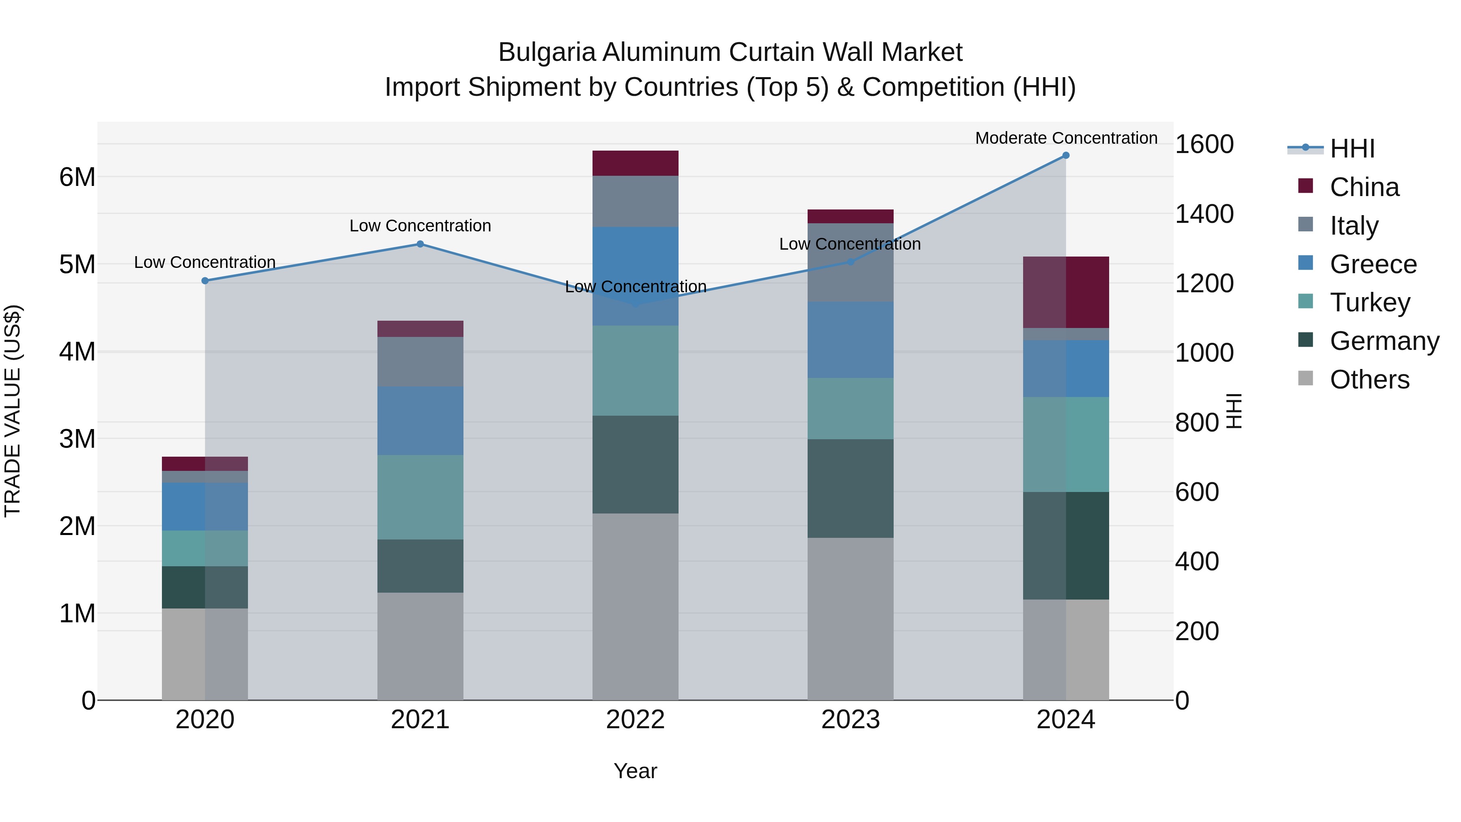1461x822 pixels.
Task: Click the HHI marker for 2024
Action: coord(1066,155)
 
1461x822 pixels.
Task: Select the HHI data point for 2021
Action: coord(420,244)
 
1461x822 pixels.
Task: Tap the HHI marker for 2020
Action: coord(205,281)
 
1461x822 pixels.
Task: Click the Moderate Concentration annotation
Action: coord(1066,138)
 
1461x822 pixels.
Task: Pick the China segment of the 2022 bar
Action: coord(635,163)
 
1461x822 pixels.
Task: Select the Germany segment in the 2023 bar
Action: coord(850,488)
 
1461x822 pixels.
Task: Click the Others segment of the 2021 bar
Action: coord(420,646)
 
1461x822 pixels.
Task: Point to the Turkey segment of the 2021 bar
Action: coord(420,497)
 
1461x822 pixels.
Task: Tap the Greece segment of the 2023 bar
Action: coord(850,340)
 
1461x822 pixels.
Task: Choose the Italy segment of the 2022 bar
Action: coord(635,201)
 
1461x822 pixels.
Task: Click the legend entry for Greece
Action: coord(1373,264)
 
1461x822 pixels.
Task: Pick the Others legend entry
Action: coord(1369,380)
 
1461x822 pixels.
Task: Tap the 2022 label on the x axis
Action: coord(635,720)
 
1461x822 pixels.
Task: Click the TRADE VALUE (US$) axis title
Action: coord(13,411)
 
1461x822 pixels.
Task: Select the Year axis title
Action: coord(635,771)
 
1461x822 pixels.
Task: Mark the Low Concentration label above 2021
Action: coord(420,226)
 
